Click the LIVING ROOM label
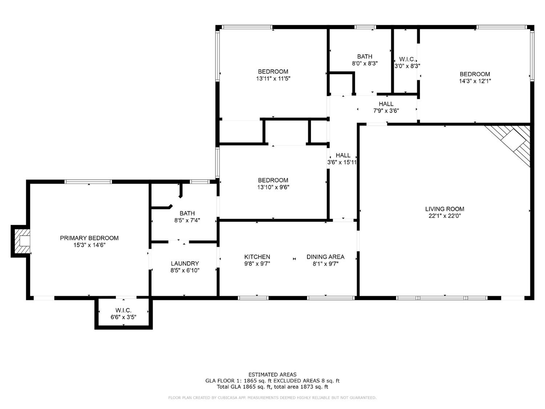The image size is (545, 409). click(444, 209)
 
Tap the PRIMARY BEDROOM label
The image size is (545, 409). click(89, 238)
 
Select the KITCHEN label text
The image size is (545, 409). click(257, 257)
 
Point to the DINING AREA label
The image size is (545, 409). click(325, 257)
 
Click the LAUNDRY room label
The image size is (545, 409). click(185, 263)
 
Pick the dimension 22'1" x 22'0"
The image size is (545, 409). click(444, 216)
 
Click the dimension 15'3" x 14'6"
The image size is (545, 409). click(89, 245)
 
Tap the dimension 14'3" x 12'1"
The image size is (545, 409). click(475, 81)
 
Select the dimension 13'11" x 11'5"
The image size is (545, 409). click(273, 79)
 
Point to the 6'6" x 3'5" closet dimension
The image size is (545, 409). click(124, 317)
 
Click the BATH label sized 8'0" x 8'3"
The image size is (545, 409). click(365, 56)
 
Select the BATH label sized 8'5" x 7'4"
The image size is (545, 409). click(187, 213)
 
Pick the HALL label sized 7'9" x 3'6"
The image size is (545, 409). click(386, 104)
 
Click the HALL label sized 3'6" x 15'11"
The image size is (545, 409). click(343, 155)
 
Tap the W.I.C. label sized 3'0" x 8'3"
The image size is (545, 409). click(407, 59)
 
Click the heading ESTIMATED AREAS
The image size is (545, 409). click(272, 374)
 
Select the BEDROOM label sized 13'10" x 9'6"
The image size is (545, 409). click(273, 180)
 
